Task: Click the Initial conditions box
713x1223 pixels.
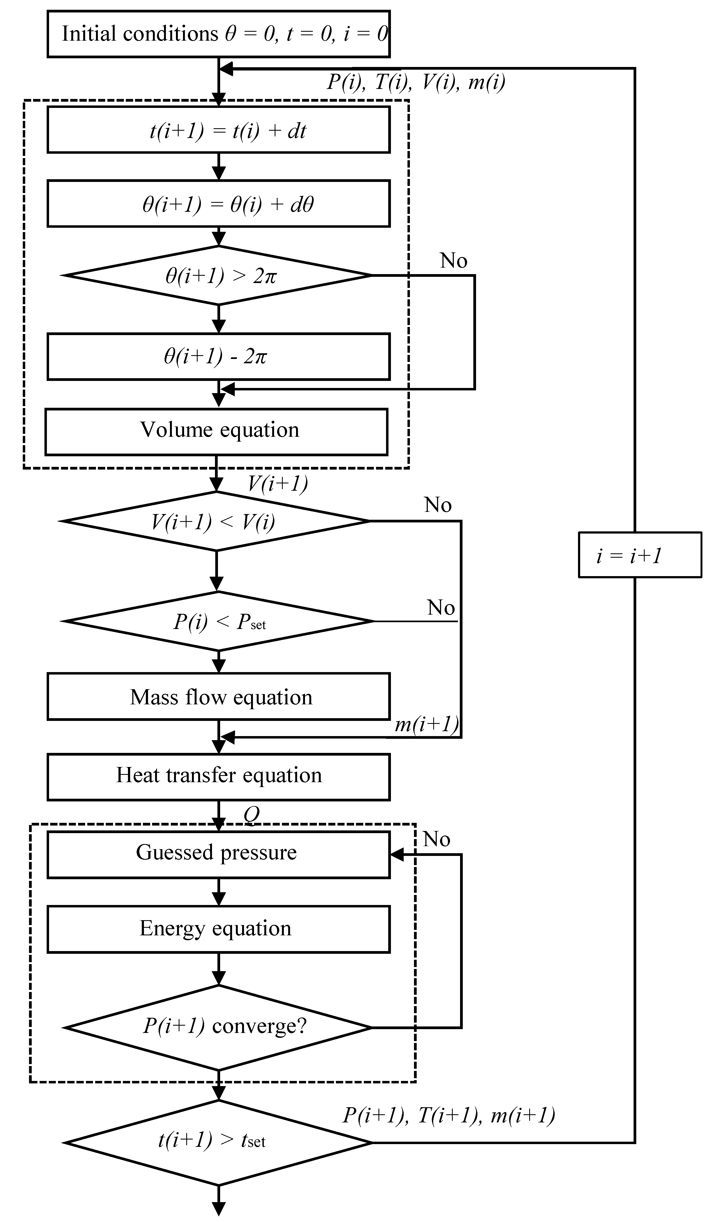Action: click(x=219, y=34)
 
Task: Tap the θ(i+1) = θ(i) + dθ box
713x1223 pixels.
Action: click(x=219, y=204)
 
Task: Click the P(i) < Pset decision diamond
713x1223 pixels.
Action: click(x=219, y=621)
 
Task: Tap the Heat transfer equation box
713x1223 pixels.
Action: click(x=219, y=775)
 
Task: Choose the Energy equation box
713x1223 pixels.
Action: click(x=219, y=928)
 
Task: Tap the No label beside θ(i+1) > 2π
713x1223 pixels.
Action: click(x=453, y=261)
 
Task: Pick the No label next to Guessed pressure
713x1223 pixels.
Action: click(x=436, y=839)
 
